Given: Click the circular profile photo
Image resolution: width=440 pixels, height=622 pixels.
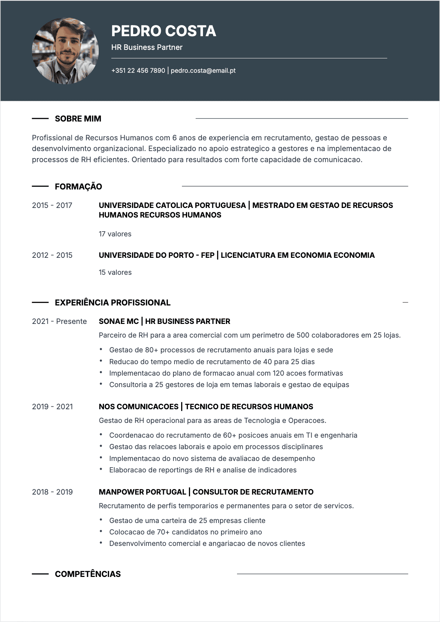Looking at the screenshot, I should (x=65, y=51).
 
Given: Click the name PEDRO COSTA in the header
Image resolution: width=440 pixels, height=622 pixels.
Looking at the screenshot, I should (x=163, y=31).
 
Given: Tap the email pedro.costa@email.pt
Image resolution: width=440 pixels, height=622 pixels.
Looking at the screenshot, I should (x=203, y=71).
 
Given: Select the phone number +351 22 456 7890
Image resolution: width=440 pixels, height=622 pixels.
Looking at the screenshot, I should (x=138, y=71).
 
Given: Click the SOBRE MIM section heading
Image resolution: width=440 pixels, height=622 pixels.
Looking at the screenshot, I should (x=78, y=119).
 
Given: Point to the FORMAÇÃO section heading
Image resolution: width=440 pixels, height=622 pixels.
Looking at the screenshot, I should (x=78, y=187).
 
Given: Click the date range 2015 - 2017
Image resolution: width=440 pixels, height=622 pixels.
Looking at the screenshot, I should (x=52, y=205).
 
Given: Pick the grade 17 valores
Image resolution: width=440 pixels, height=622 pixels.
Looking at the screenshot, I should (x=115, y=234).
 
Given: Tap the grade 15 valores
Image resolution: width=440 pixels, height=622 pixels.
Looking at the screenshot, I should (x=115, y=272).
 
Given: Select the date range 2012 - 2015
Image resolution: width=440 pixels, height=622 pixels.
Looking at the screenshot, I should (x=52, y=255).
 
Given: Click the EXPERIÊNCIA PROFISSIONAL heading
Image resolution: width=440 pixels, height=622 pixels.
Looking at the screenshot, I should (x=112, y=303).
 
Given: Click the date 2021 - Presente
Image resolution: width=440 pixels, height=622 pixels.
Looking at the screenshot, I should (x=59, y=321).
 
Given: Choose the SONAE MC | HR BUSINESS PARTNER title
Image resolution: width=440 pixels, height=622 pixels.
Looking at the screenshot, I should (x=164, y=321).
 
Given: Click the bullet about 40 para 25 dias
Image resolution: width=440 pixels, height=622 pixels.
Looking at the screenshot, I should (x=212, y=362).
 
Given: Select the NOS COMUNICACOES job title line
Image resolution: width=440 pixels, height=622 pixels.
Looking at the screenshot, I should (x=206, y=407).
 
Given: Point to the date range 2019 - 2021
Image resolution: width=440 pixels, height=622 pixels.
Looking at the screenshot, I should (x=52, y=407).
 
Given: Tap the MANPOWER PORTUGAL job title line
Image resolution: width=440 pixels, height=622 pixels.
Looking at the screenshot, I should (x=206, y=492).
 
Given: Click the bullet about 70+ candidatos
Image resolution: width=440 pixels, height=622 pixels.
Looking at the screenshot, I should (x=185, y=532).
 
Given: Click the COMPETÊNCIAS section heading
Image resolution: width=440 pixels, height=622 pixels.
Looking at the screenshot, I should (x=88, y=574).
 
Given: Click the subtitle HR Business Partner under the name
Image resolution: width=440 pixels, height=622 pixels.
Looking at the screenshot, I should (x=147, y=47).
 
